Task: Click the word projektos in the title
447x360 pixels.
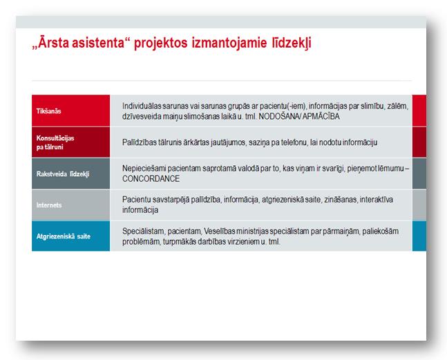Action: (x=160, y=44)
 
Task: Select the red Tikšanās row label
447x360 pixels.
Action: (x=48, y=111)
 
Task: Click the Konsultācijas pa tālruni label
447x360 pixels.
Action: (x=55, y=142)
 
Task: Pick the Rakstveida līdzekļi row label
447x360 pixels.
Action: (x=63, y=174)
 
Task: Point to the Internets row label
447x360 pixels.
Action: (x=49, y=205)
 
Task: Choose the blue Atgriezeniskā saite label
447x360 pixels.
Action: (x=64, y=236)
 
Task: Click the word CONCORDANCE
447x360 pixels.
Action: (x=151, y=179)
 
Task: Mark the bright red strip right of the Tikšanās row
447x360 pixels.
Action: (x=419, y=111)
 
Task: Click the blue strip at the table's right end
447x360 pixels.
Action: (x=419, y=236)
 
